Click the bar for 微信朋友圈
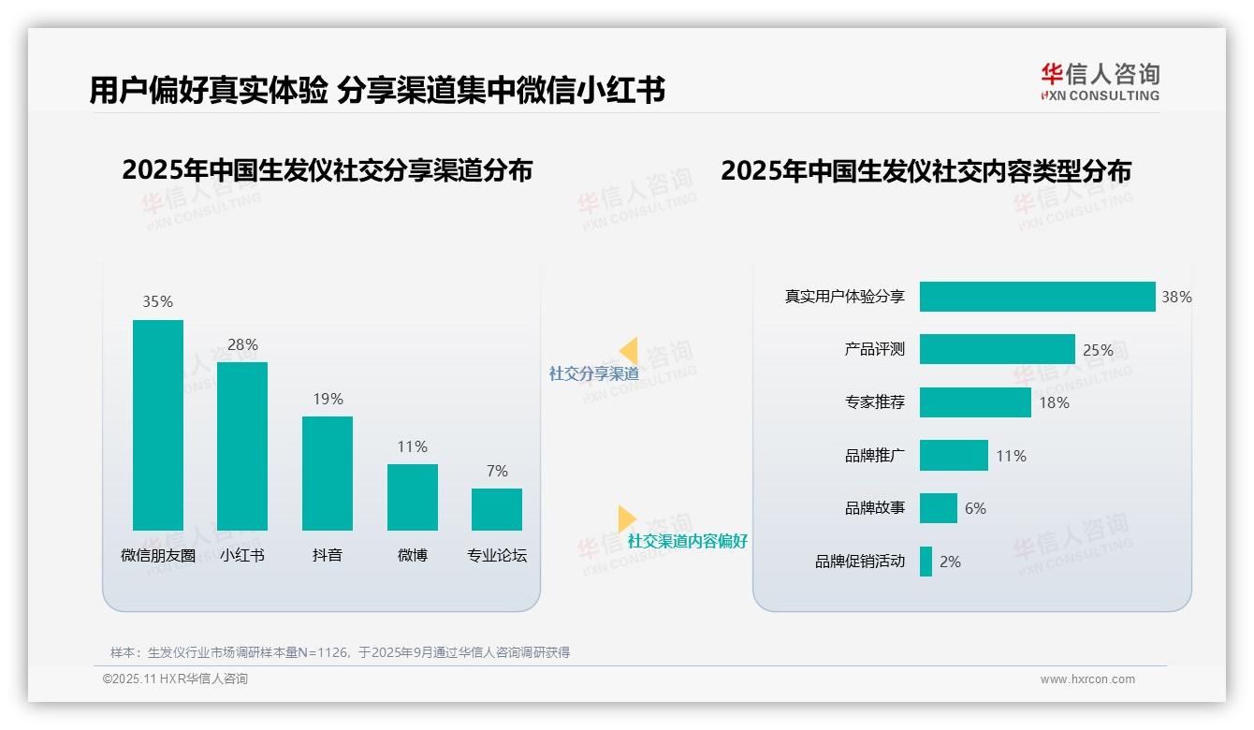click(x=158, y=425)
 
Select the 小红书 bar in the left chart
click(x=242, y=446)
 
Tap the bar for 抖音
click(x=328, y=474)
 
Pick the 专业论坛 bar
click(x=497, y=509)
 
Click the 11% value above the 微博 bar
click(x=412, y=447)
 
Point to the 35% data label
click(x=157, y=302)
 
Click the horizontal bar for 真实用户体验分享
click(x=1037, y=297)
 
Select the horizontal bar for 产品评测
click(x=997, y=349)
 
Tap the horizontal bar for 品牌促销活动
click(x=926, y=562)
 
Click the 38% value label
click(x=1176, y=298)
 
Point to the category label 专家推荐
click(x=874, y=403)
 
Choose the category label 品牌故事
click(x=874, y=509)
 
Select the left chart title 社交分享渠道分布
click(x=327, y=170)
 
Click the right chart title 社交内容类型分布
click(x=926, y=171)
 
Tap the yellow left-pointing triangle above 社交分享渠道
click(x=629, y=351)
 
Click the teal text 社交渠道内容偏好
click(x=687, y=542)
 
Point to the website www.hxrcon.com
click(x=1087, y=679)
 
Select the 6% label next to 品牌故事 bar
click(x=975, y=509)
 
